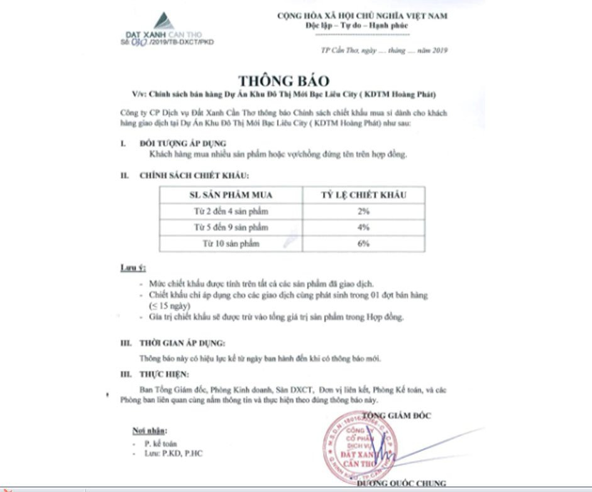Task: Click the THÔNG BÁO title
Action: (283, 81)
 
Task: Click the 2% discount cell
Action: (363, 212)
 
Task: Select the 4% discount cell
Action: (363, 227)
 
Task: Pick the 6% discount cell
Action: (363, 243)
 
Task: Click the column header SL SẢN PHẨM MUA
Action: (231, 195)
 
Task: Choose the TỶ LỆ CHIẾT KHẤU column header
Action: (363, 195)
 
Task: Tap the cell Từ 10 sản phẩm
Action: (231, 243)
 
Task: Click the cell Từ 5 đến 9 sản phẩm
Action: (231, 227)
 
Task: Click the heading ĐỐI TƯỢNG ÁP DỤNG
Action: (174, 144)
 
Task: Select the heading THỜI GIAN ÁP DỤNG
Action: (182, 344)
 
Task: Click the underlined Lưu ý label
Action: (133, 268)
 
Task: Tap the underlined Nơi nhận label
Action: (150, 431)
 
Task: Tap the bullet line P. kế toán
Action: (162, 443)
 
